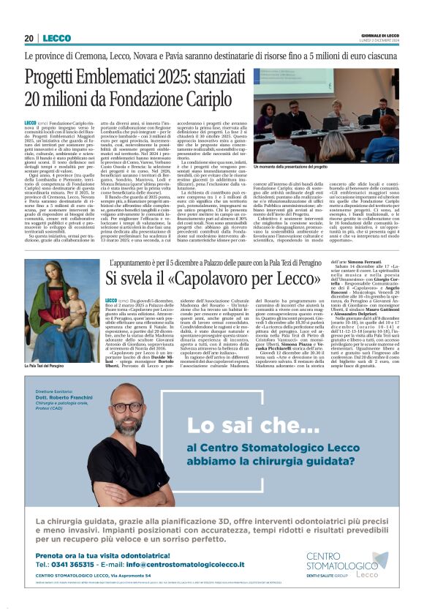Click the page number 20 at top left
tap(30, 38)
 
